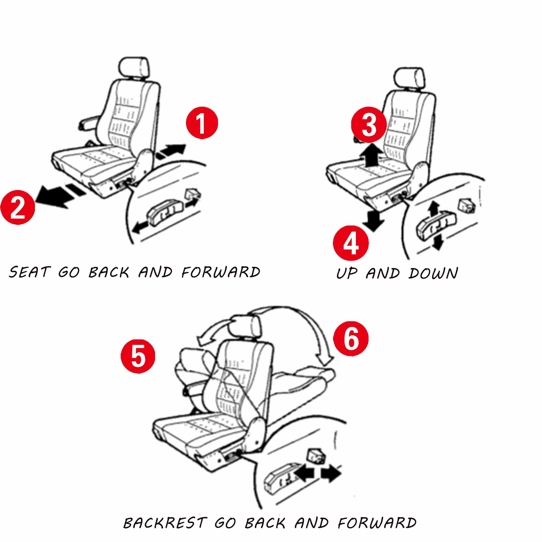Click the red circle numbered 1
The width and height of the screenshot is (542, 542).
pos(202,123)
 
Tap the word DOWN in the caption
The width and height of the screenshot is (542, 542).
pos(433,273)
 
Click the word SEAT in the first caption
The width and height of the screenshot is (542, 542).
pos(30,272)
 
